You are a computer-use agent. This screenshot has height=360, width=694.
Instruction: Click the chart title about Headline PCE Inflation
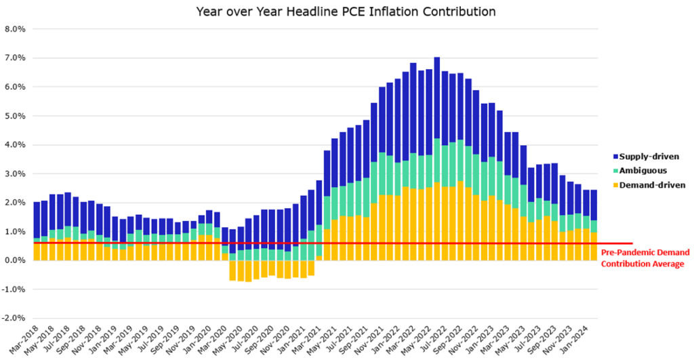pos(346,12)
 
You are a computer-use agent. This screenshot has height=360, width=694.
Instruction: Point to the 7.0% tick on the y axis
pos(15,58)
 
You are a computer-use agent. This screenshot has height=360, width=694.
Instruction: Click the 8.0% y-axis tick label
pos(15,30)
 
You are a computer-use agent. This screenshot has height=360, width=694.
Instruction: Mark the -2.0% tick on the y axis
pos(15,318)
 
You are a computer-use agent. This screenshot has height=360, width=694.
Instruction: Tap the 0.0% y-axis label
pos(16,260)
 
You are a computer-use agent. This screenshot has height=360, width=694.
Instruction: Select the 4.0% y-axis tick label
pos(15,145)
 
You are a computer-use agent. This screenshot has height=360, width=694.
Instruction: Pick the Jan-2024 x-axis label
pos(584,339)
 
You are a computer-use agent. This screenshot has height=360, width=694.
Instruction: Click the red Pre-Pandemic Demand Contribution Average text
pos(645,258)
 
